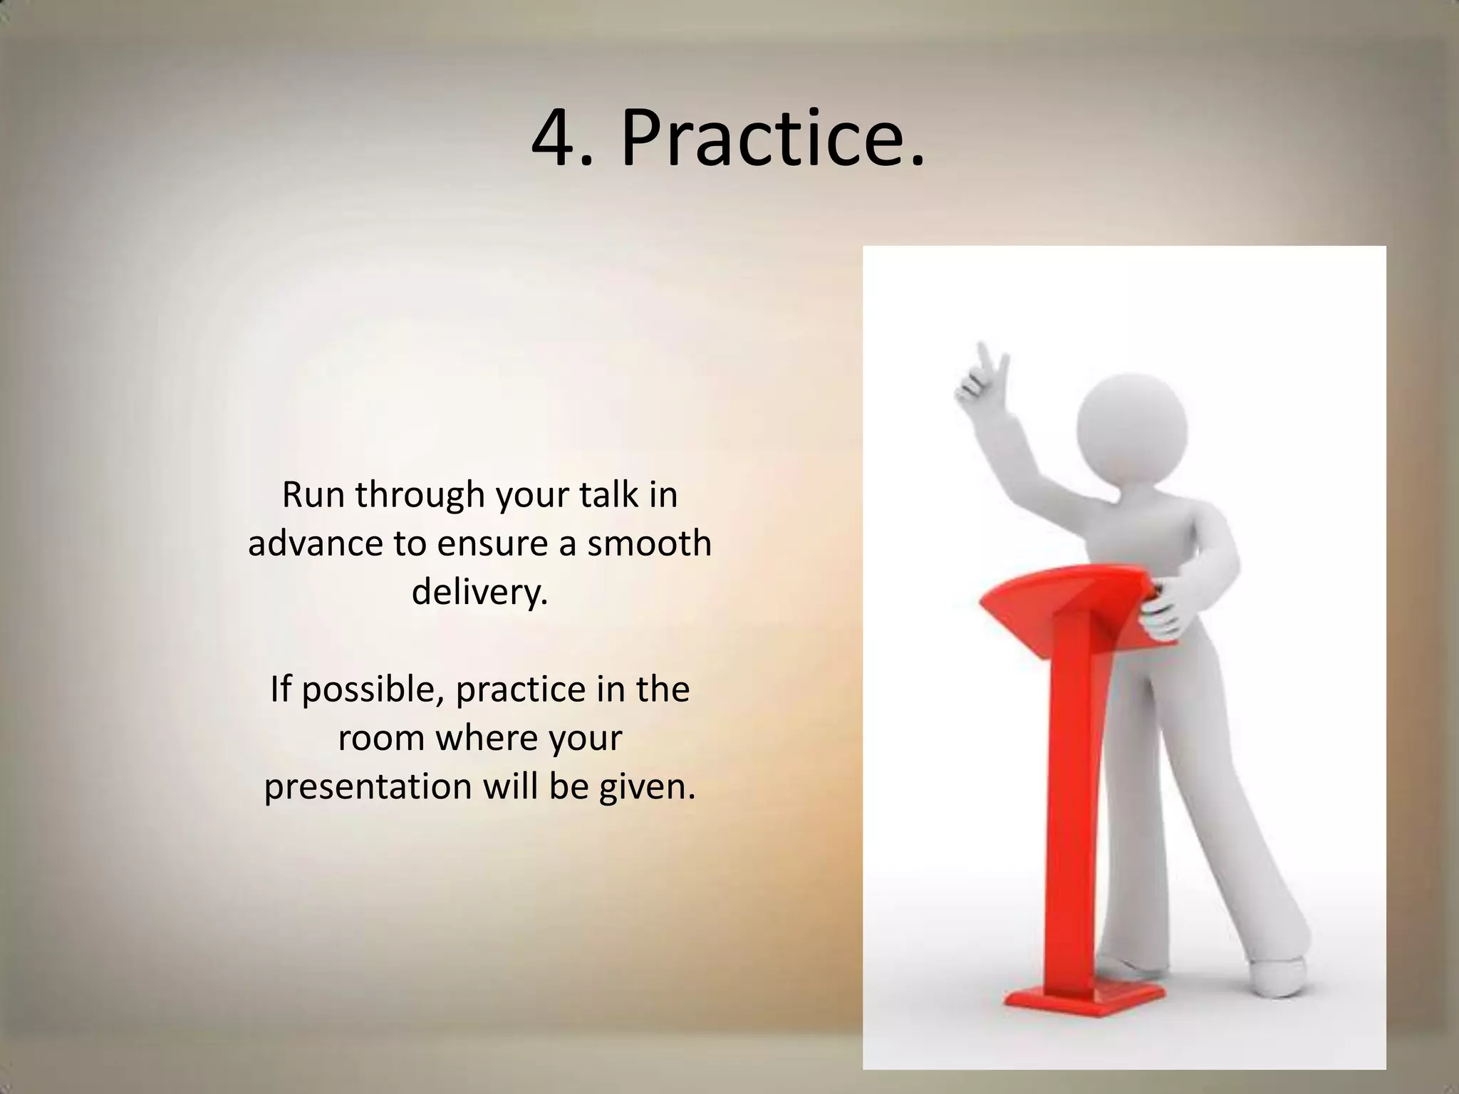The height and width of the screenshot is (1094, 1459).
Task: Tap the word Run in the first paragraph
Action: [313, 494]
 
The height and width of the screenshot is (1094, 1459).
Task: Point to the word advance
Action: [314, 543]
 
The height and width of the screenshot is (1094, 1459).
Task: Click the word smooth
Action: [649, 543]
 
